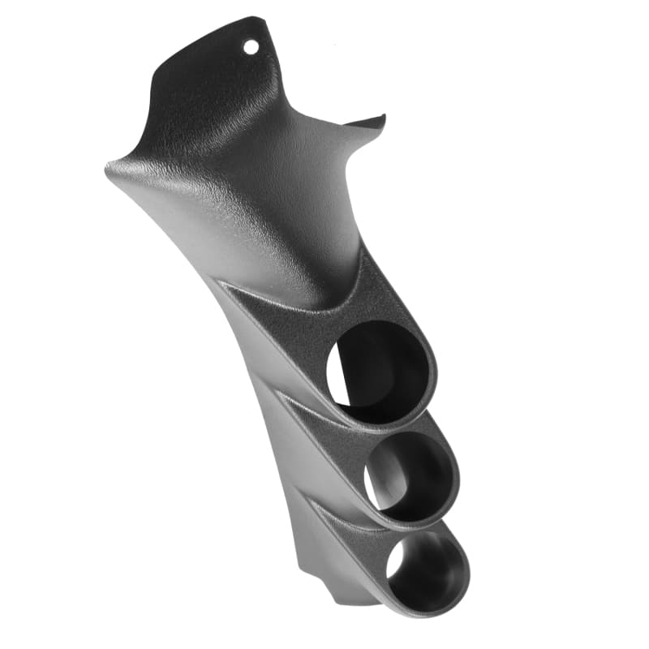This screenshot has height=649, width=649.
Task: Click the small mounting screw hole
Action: (251, 47)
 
